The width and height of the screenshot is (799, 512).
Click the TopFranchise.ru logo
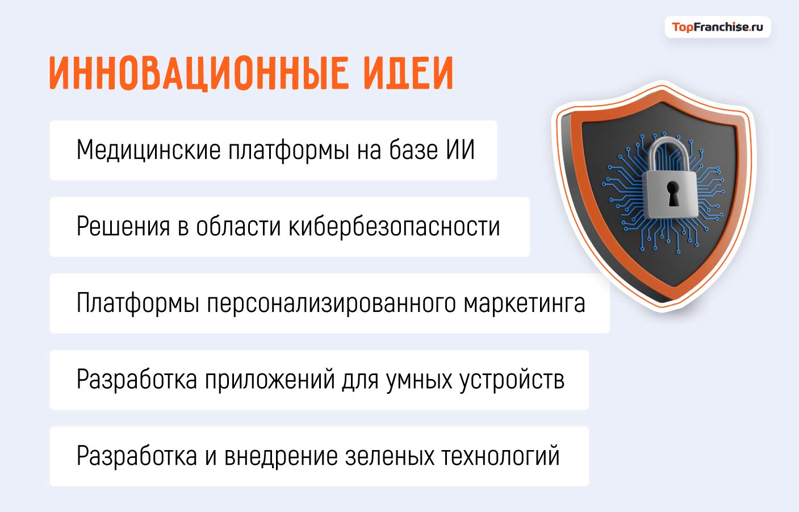pos(717,27)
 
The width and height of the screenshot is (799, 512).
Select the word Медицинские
pos(148,151)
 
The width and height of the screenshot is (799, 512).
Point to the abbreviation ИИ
pos(460,151)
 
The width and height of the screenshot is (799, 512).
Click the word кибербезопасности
pos(395,227)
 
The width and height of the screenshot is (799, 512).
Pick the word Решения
pos(123,227)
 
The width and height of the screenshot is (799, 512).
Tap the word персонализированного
pos(332,303)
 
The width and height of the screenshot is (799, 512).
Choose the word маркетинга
pos(524,303)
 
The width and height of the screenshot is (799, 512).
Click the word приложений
pos(270,380)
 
